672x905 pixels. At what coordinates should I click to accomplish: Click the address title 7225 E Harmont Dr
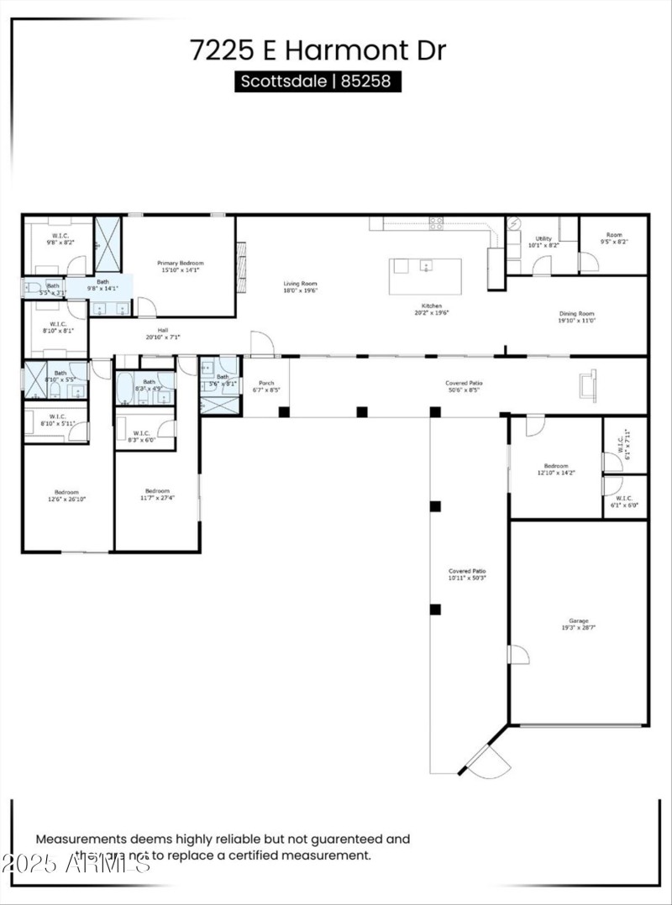(x=318, y=50)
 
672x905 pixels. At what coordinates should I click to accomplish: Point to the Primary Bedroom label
(x=181, y=266)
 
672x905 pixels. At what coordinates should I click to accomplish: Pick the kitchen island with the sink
(x=425, y=275)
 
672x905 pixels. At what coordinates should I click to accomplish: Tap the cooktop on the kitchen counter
(x=436, y=223)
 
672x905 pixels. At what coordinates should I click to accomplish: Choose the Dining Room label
(x=576, y=316)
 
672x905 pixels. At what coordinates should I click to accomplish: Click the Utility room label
(x=543, y=242)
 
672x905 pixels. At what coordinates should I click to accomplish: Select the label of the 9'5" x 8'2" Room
(x=613, y=238)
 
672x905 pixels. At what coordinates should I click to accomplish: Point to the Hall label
(x=163, y=333)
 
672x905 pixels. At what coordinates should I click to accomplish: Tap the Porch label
(x=265, y=386)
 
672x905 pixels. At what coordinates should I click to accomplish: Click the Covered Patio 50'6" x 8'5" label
(x=465, y=386)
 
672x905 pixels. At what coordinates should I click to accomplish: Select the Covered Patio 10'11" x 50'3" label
(x=467, y=574)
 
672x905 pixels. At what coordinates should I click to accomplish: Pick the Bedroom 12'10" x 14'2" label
(x=555, y=469)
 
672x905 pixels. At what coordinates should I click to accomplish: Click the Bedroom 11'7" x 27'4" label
(x=157, y=494)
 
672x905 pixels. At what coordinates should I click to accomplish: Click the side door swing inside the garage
(x=518, y=655)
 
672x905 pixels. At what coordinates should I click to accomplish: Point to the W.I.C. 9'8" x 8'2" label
(x=60, y=238)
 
